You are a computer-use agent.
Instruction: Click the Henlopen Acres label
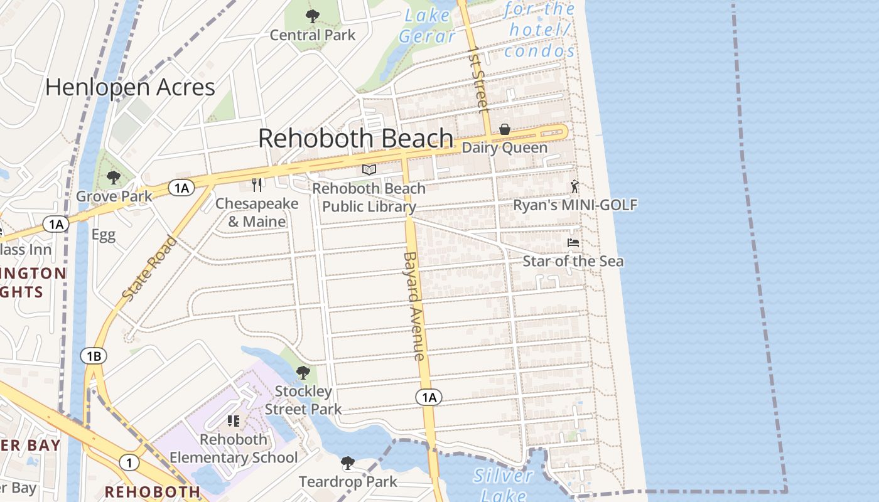coord(130,87)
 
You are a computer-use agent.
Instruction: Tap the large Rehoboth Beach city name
coord(355,138)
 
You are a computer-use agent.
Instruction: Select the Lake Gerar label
coord(427,26)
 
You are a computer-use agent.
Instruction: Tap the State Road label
coord(149,268)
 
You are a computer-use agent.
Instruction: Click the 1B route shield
coord(93,356)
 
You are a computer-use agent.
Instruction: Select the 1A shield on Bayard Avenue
coord(428,397)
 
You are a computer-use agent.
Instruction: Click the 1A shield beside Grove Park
coord(181,188)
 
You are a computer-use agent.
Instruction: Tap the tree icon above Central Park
coord(312,16)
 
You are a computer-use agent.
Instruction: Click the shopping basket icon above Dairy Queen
coord(504,129)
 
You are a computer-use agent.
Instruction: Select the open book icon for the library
coord(369,169)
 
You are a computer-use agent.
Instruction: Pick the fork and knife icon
coord(256,184)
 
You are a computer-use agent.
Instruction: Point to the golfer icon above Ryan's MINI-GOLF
coord(574,186)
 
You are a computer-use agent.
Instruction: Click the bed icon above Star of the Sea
coord(573,242)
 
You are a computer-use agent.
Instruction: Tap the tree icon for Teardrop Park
coord(347,464)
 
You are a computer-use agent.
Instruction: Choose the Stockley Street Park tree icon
coord(303,373)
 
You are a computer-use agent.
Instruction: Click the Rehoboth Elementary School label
coord(234,449)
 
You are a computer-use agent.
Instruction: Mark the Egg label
coord(104,235)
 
